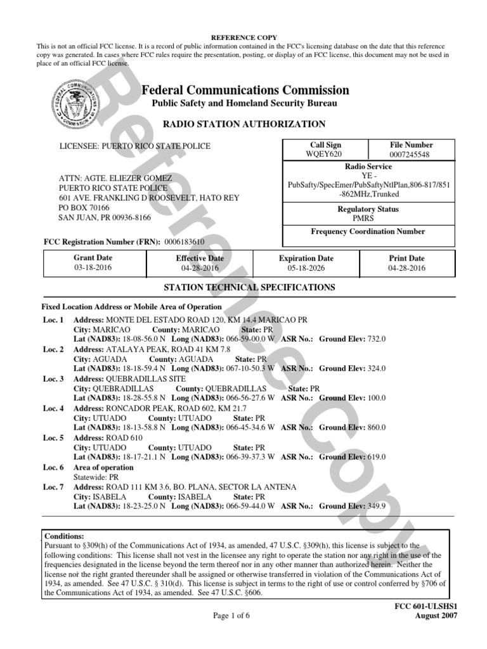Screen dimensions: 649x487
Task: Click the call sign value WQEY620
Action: (x=325, y=154)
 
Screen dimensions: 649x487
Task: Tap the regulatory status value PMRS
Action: (x=368, y=218)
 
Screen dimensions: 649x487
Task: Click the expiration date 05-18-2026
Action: (x=306, y=268)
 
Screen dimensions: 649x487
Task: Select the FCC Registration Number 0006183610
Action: (x=184, y=242)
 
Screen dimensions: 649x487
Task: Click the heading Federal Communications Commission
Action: (x=245, y=90)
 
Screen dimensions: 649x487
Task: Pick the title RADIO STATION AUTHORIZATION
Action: (x=245, y=124)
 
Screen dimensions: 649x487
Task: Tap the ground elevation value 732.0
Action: (x=377, y=339)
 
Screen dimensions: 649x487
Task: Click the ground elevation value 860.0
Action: (x=377, y=428)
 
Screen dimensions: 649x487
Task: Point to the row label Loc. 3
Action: (x=53, y=379)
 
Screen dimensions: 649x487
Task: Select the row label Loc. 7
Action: (x=53, y=487)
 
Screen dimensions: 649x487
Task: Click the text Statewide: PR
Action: (x=96, y=477)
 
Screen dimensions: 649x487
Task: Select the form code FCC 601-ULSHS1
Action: (x=426, y=607)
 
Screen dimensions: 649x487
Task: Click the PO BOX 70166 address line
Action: (x=84, y=207)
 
